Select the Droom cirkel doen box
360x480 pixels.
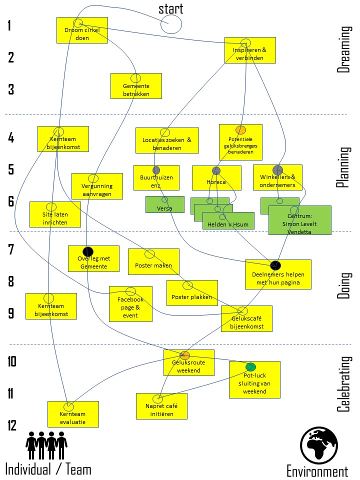click(x=82, y=30)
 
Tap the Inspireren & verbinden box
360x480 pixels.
click(x=250, y=50)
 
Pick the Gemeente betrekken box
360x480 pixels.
click(x=136, y=86)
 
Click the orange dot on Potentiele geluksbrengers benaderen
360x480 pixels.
click(x=240, y=130)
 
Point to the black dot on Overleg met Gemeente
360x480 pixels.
click(x=88, y=251)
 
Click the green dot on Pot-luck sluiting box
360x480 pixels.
click(x=250, y=366)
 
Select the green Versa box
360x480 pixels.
click(x=164, y=204)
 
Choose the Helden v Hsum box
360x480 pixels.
click(x=228, y=220)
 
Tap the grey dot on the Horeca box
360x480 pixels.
click(x=216, y=170)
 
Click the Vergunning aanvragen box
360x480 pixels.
click(x=97, y=186)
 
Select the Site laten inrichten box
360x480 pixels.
click(x=55, y=214)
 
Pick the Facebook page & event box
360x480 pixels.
click(x=130, y=304)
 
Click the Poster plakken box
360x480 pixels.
click(x=192, y=293)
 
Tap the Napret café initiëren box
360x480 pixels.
click(x=161, y=406)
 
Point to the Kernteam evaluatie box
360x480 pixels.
click(x=73, y=414)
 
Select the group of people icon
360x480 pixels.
click(x=46, y=445)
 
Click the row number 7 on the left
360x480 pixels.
click(x=11, y=249)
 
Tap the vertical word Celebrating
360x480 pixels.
click(x=344, y=384)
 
